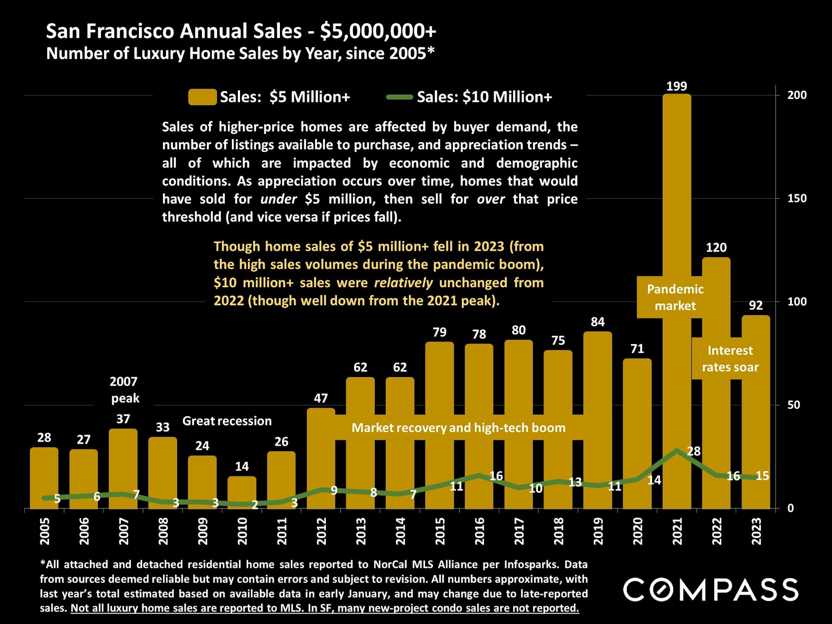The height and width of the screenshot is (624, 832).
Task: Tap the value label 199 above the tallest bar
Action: point(676,86)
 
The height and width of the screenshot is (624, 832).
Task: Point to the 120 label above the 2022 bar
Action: point(716,247)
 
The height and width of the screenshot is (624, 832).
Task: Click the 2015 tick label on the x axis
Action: point(440,531)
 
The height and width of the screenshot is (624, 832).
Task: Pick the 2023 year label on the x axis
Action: point(756,531)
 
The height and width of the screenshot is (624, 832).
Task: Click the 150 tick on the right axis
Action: point(797,198)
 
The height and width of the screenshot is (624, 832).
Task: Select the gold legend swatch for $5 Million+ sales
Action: point(202,97)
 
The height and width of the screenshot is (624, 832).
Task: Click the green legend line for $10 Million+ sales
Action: point(399,97)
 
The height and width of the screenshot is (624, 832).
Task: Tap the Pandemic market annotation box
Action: point(675,297)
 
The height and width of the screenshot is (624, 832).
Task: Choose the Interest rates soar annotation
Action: point(730,358)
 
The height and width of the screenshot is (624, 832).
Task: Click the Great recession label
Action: point(227,421)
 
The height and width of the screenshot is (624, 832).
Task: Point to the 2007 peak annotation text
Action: point(124,390)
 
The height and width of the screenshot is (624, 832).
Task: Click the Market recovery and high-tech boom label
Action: point(458,428)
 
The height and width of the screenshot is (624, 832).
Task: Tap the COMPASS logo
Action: point(711,589)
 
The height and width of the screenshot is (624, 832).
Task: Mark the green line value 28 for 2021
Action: point(693,451)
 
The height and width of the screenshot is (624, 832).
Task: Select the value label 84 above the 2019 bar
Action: point(597,322)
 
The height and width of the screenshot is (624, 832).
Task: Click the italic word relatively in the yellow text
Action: point(403,283)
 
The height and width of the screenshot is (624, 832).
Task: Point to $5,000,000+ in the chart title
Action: point(378,31)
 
